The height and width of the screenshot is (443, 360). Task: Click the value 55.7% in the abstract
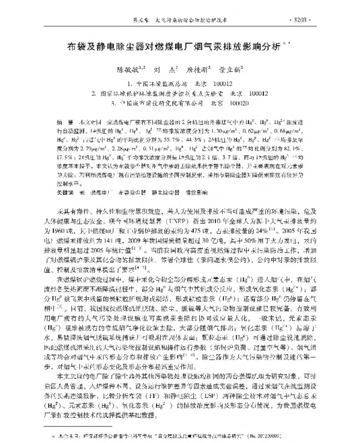click(161, 137)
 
